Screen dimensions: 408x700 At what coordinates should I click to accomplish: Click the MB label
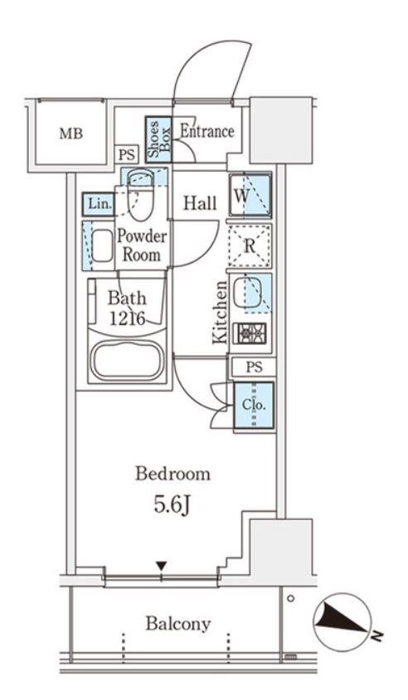click(71, 134)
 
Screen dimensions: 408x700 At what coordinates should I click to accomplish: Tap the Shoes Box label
click(159, 139)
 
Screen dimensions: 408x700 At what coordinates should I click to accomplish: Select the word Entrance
click(207, 131)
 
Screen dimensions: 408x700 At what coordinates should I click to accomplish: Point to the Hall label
click(201, 203)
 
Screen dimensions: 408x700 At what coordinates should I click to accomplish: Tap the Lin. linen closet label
click(100, 204)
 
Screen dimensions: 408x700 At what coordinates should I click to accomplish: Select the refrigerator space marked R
click(250, 245)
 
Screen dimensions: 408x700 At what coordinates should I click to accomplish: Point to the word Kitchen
click(220, 313)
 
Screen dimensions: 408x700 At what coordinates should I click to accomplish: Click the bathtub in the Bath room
click(127, 361)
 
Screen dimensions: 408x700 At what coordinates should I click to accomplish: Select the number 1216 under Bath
click(127, 318)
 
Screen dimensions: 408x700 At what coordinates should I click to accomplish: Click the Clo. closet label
click(254, 406)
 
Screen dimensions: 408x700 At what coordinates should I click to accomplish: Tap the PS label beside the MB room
click(127, 155)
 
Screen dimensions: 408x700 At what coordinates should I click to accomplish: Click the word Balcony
click(177, 624)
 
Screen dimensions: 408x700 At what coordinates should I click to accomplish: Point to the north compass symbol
click(342, 621)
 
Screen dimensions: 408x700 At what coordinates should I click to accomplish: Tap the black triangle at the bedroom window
click(162, 566)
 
